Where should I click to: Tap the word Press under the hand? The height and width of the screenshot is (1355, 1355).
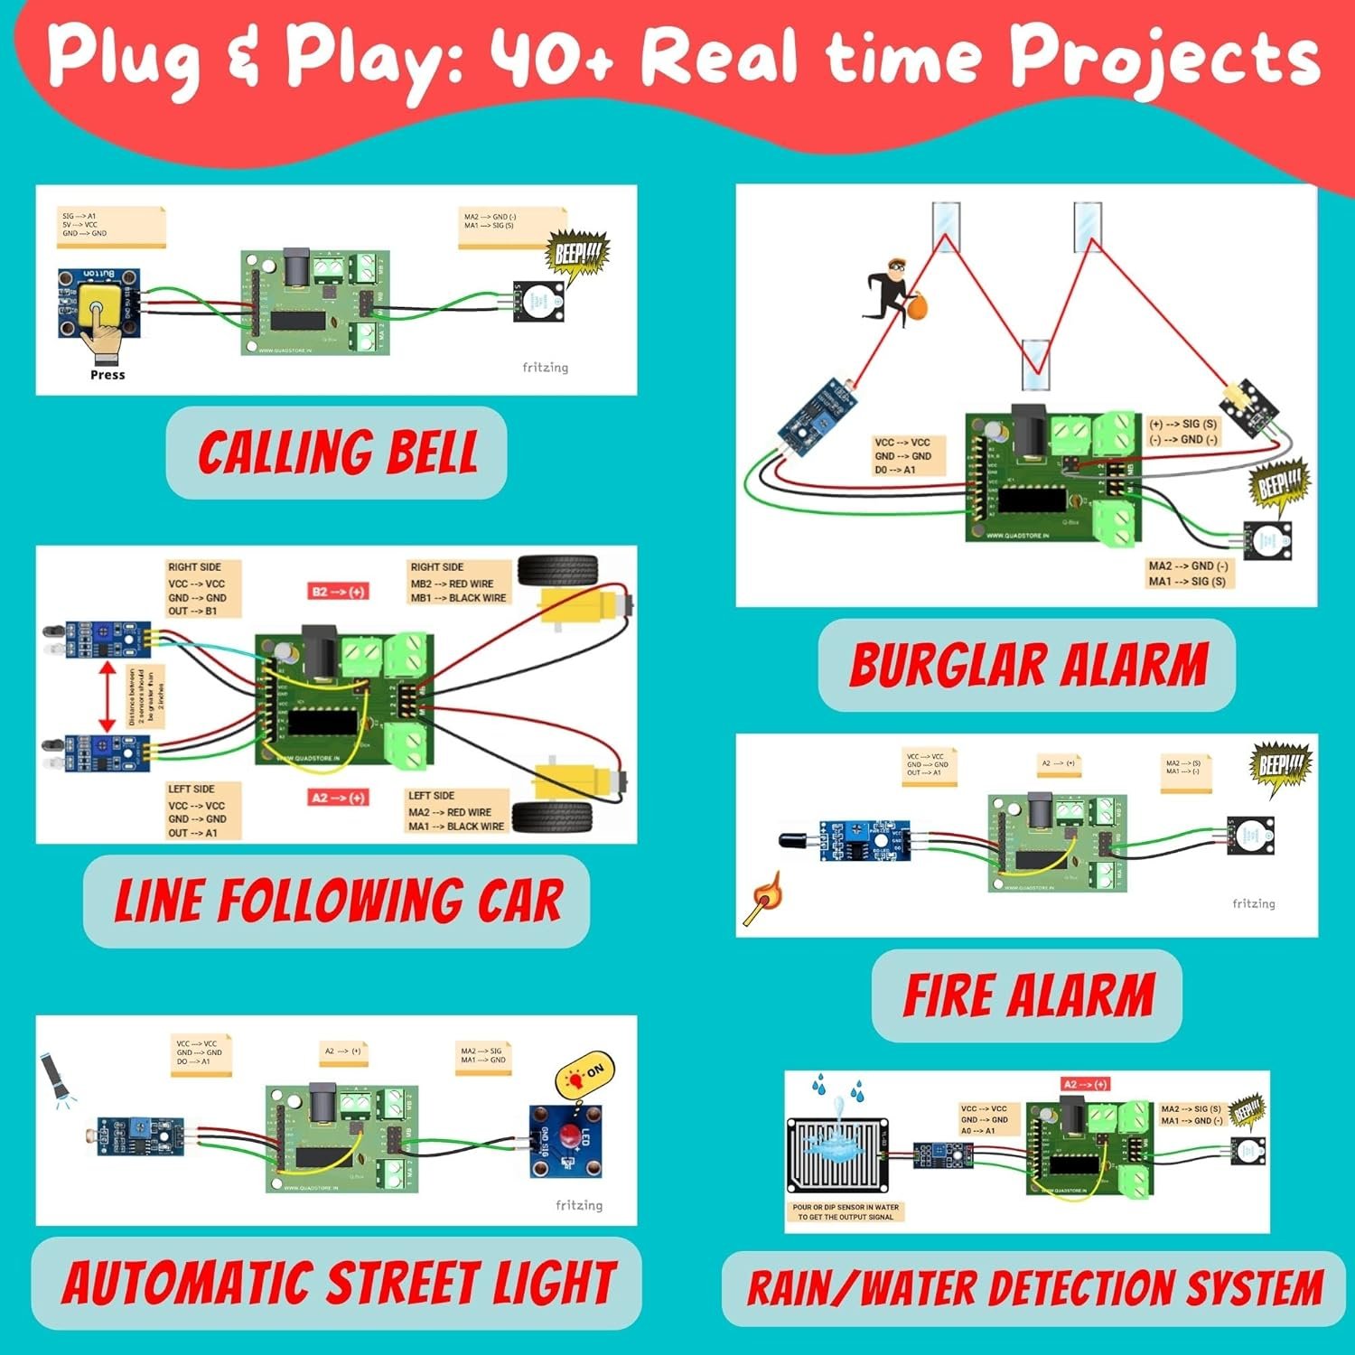107,375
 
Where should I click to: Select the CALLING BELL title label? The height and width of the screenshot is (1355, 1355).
337,453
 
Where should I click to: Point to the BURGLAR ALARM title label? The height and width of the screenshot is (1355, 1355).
1027,666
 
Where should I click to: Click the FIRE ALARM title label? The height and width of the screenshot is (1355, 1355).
1028,995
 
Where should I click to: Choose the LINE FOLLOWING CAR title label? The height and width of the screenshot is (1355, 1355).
337,902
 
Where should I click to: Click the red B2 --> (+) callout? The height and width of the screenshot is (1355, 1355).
338,592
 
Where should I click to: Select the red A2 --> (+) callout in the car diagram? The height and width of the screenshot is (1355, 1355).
338,798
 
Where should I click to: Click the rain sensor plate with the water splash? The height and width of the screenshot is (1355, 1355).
837,1155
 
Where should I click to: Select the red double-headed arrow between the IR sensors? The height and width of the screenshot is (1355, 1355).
107,696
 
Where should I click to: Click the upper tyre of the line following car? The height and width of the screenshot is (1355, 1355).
558,571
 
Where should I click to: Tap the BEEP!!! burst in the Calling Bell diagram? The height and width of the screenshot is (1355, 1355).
576,256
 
